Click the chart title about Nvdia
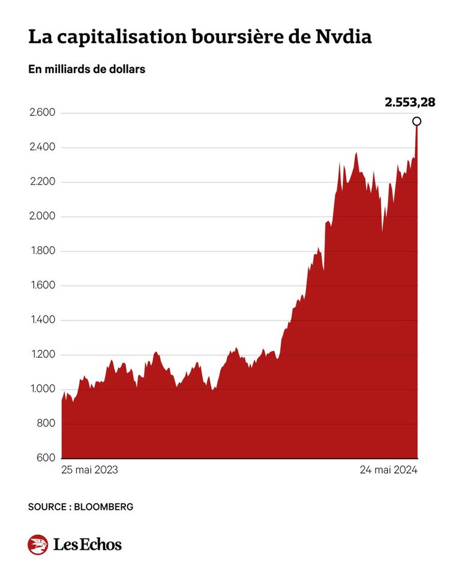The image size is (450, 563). [x=200, y=37]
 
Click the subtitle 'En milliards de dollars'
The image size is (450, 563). [x=86, y=70]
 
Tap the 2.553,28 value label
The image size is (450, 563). [x=410, y=102]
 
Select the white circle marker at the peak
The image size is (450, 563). [x=417, y=121]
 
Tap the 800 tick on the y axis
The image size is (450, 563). [x=46, y=424]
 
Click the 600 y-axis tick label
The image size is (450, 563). [x=46, y=459]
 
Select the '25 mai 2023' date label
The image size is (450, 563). [x=89, y=470]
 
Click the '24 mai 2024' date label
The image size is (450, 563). [x=388, y=470]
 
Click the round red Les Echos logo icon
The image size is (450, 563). [x=38, y=544]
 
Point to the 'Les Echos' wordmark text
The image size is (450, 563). [x=87, y=545]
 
